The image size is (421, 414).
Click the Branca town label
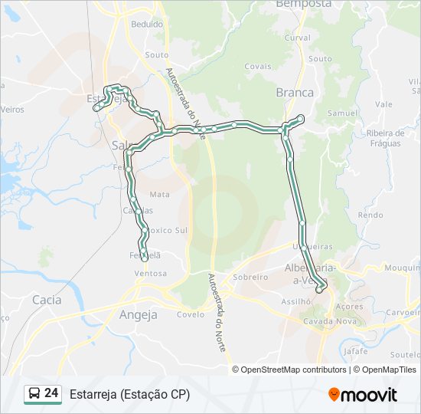(x=295, y=92)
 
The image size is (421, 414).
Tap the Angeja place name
(x=139, y=314)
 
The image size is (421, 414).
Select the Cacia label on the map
(x=47, y=300)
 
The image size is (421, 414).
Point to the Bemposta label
(x=303, y=4)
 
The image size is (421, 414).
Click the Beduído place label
(x=147, y=25)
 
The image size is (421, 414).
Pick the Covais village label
(x=259, y=67)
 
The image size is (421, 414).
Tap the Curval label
(x=298, y=38)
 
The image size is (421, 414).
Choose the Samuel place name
(x=342, y=113)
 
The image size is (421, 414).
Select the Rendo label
(x=370, y=215)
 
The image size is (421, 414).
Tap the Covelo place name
(x=191, y=314)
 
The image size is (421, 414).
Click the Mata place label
(x=160, y=195)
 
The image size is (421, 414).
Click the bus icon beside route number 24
(x=34, y=393)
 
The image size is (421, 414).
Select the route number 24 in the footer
(x=51, y=393)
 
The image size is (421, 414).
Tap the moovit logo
(x=363, y=395)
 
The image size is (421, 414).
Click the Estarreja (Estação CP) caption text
(x=129, y=394)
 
